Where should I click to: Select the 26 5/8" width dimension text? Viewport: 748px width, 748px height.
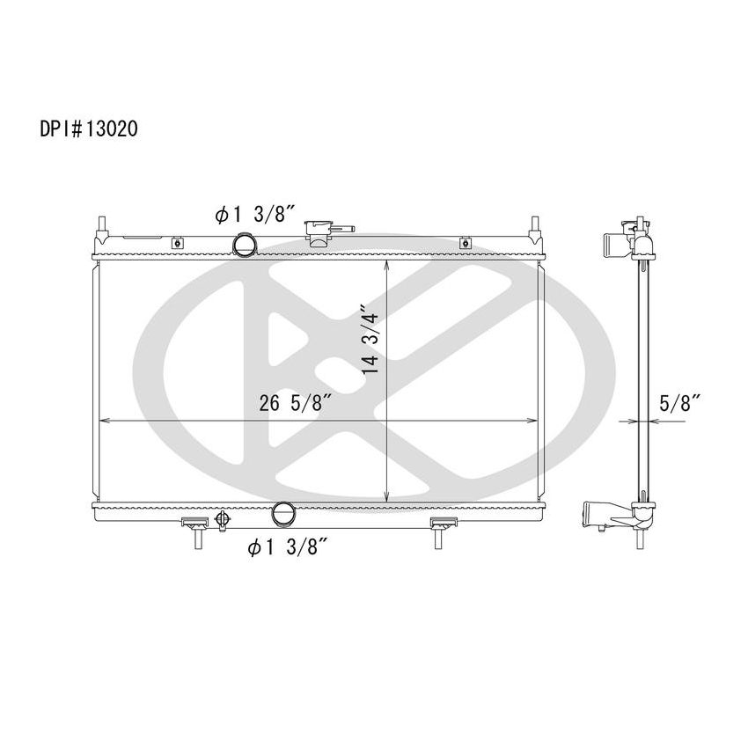[296, 405]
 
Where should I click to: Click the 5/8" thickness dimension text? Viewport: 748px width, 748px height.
[680, 403]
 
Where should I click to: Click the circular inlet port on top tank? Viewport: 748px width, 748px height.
[244, 244]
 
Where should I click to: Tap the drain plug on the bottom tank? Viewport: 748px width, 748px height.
[222, 520]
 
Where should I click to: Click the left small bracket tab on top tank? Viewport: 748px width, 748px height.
[177, 242]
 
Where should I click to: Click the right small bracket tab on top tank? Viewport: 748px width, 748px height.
[464, 242]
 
